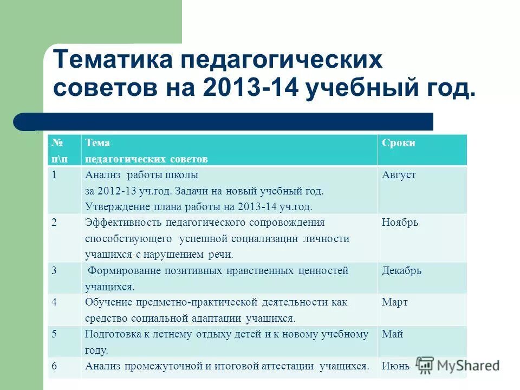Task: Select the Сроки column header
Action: pyautogui.click(x=398, y=143)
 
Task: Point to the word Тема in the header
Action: pyautogui.click(x=97, y=143)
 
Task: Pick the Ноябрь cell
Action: pyautogui.click(x=400, y=223)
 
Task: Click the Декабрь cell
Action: pyautogui.click(x=401, y=270)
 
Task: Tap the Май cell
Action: pyautogui.click(x=392, y=334)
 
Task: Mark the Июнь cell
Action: pyautogui.click(x=395, y=366)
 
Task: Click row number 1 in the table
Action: pyautogui.click(x=54, y=175)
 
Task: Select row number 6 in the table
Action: pyautogui.click(x=54, y=366)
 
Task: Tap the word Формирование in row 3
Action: pyautogui.click(x=120, y=270)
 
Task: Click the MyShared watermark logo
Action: pyautogui.click(x=458, y=365)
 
